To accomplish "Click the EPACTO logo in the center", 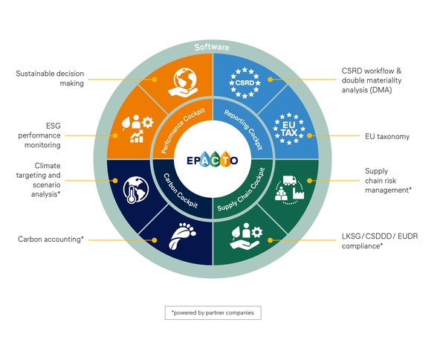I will [x=213, y=158].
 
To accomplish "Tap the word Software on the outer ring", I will [x=212, y=47].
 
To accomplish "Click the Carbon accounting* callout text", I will [x=51, y=240].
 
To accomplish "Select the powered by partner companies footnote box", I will [x=213, y=312].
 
